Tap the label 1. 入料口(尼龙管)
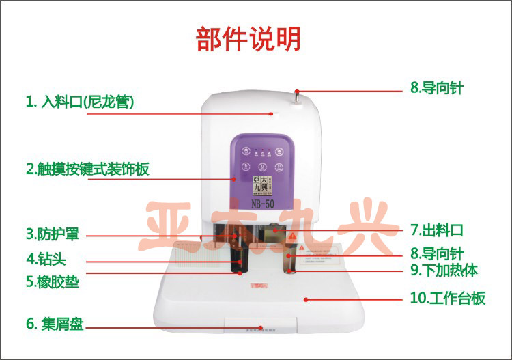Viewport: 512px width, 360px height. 79,102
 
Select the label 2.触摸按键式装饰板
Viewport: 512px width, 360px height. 87,168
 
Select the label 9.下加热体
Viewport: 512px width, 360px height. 444,271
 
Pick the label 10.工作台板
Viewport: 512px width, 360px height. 448,299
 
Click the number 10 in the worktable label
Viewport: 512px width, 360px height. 416,299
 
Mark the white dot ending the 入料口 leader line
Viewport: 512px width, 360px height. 271,113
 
